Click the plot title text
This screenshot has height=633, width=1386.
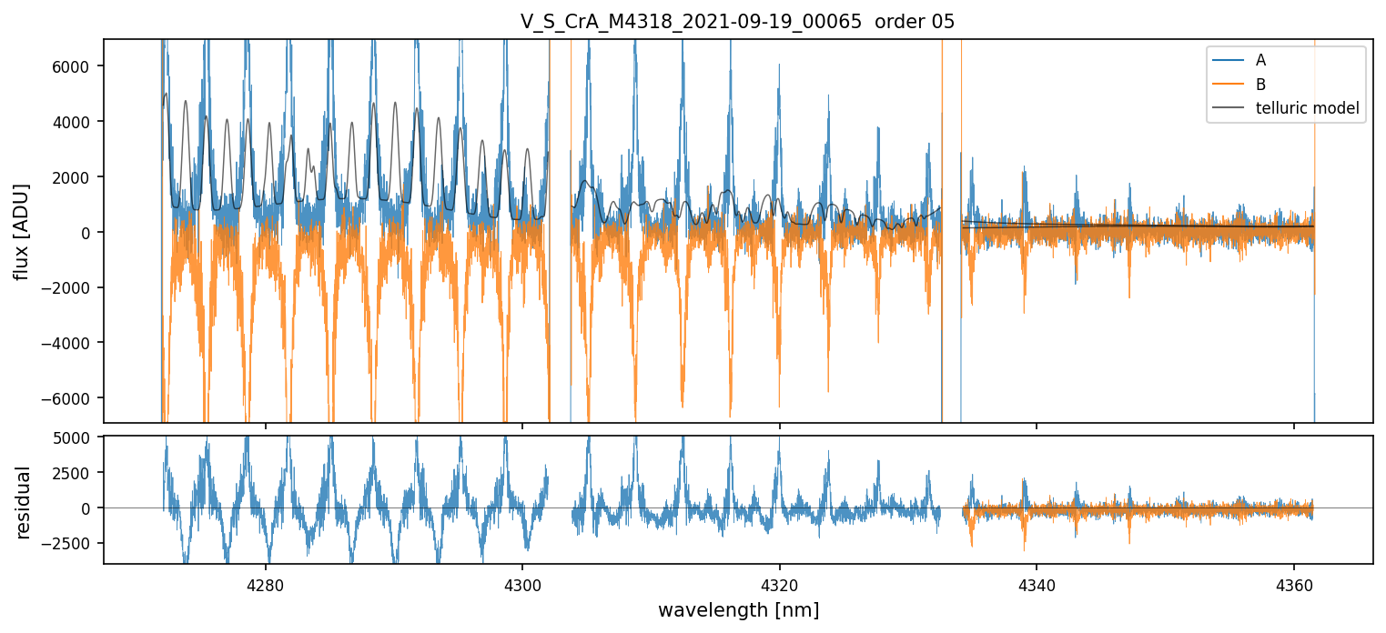(x=737, y=22)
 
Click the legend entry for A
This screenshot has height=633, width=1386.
(x=1260, y=60)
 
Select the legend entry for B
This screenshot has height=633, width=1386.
(x=1260, y=85)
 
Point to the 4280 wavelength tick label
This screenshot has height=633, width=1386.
(x=265, y=583)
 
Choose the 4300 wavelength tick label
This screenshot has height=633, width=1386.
(x=522, y=583)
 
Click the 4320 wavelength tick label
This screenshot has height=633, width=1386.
(x=780, y=583)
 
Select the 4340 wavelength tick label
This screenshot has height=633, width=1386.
(x=1037, y=583)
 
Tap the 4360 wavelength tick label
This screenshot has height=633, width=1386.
(x=1294, y=583)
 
